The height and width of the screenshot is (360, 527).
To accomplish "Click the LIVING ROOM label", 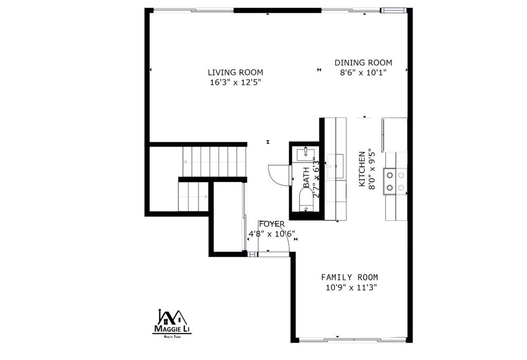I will click(x=235, y=73).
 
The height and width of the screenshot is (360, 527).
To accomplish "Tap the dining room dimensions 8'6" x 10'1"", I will click(x=363, y=73).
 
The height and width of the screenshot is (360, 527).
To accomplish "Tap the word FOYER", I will click(x=271, y=224).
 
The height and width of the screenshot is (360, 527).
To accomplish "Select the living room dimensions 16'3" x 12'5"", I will click(x=235, y=82).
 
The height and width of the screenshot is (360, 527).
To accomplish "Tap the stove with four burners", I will click(x=395, y=182).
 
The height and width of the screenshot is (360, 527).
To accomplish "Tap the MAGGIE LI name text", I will click(x=172, y=329).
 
